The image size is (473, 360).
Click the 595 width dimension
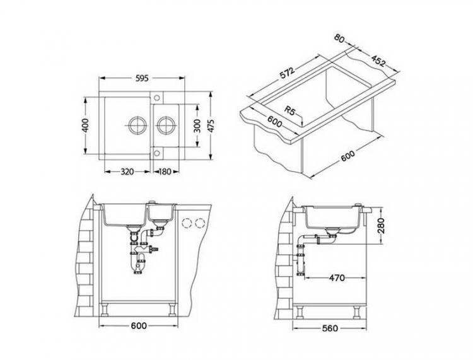tap(141, 79)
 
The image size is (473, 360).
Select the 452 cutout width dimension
tap(379, 61)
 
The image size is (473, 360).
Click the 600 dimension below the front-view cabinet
tap(139, 326)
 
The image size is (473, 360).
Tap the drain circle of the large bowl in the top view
tap(137, 124)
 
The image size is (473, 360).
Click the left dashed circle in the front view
tap(187, 223)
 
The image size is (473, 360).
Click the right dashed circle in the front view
tap(201, 223)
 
